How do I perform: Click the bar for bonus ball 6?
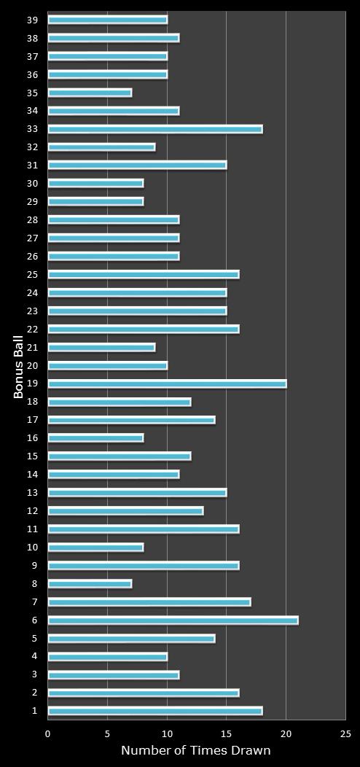173,620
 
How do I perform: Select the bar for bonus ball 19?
167,383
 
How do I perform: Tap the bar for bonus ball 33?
154,129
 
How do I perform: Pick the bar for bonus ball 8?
90,584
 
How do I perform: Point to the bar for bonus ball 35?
90,93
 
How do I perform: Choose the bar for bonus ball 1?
154,711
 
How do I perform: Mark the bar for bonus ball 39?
107,20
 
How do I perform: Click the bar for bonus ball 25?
143,275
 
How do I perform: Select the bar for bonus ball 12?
125,511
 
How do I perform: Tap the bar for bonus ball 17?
131,420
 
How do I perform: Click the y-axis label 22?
32,330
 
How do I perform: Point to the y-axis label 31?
32,166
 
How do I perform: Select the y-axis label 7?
34,602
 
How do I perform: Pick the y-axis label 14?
32,475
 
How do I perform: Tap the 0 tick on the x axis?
48,734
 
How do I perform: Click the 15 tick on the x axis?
227,734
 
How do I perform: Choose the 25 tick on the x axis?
345,734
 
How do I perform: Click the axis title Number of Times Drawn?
195,751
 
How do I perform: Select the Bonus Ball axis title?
19,366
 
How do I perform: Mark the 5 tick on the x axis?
108,734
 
